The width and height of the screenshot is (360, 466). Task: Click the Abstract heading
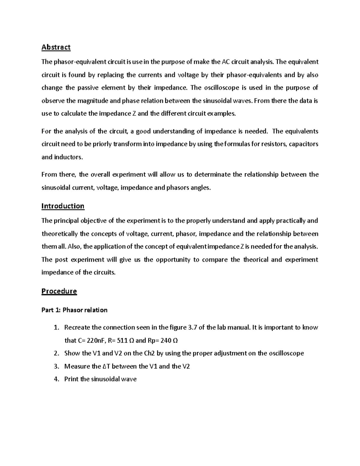click(56, 47)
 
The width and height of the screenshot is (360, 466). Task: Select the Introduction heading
click(63, 206)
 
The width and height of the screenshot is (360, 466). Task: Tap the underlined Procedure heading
click(59, 291)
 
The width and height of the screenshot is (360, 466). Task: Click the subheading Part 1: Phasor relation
click(74, 310)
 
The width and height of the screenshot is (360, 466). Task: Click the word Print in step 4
click(71, 379)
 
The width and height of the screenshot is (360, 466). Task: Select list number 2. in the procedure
click(57, 353)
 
